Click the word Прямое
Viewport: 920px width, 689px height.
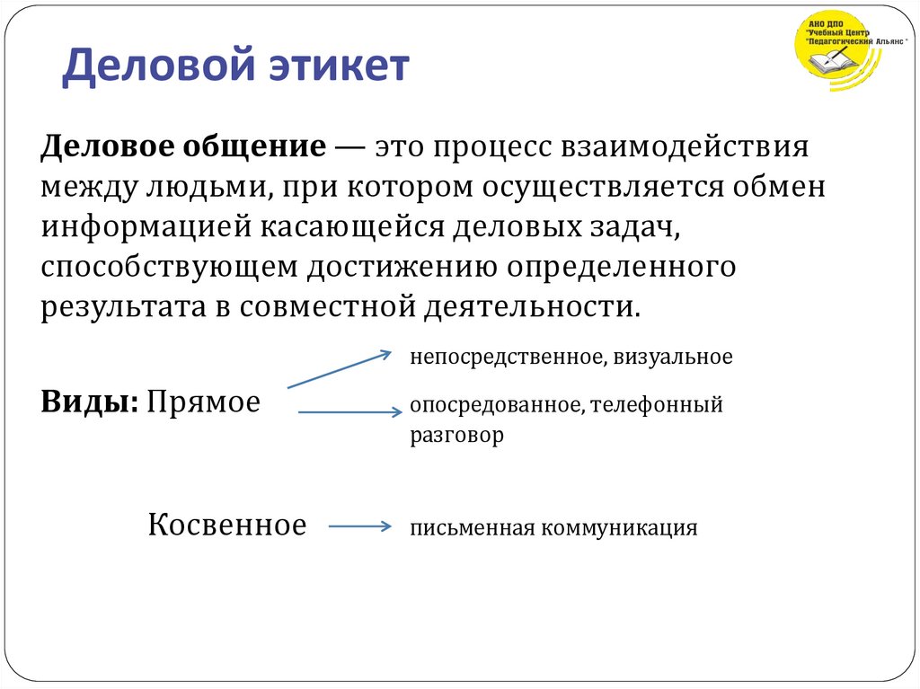pyautogui.click(x=204, y=402)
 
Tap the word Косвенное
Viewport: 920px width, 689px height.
pyautogui.click(x=227, y=525)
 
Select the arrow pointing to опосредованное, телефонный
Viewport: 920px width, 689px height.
pyautogui.click(x=349, y=412)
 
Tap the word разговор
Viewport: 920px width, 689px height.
pyautogui.click(x=457, y=436)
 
